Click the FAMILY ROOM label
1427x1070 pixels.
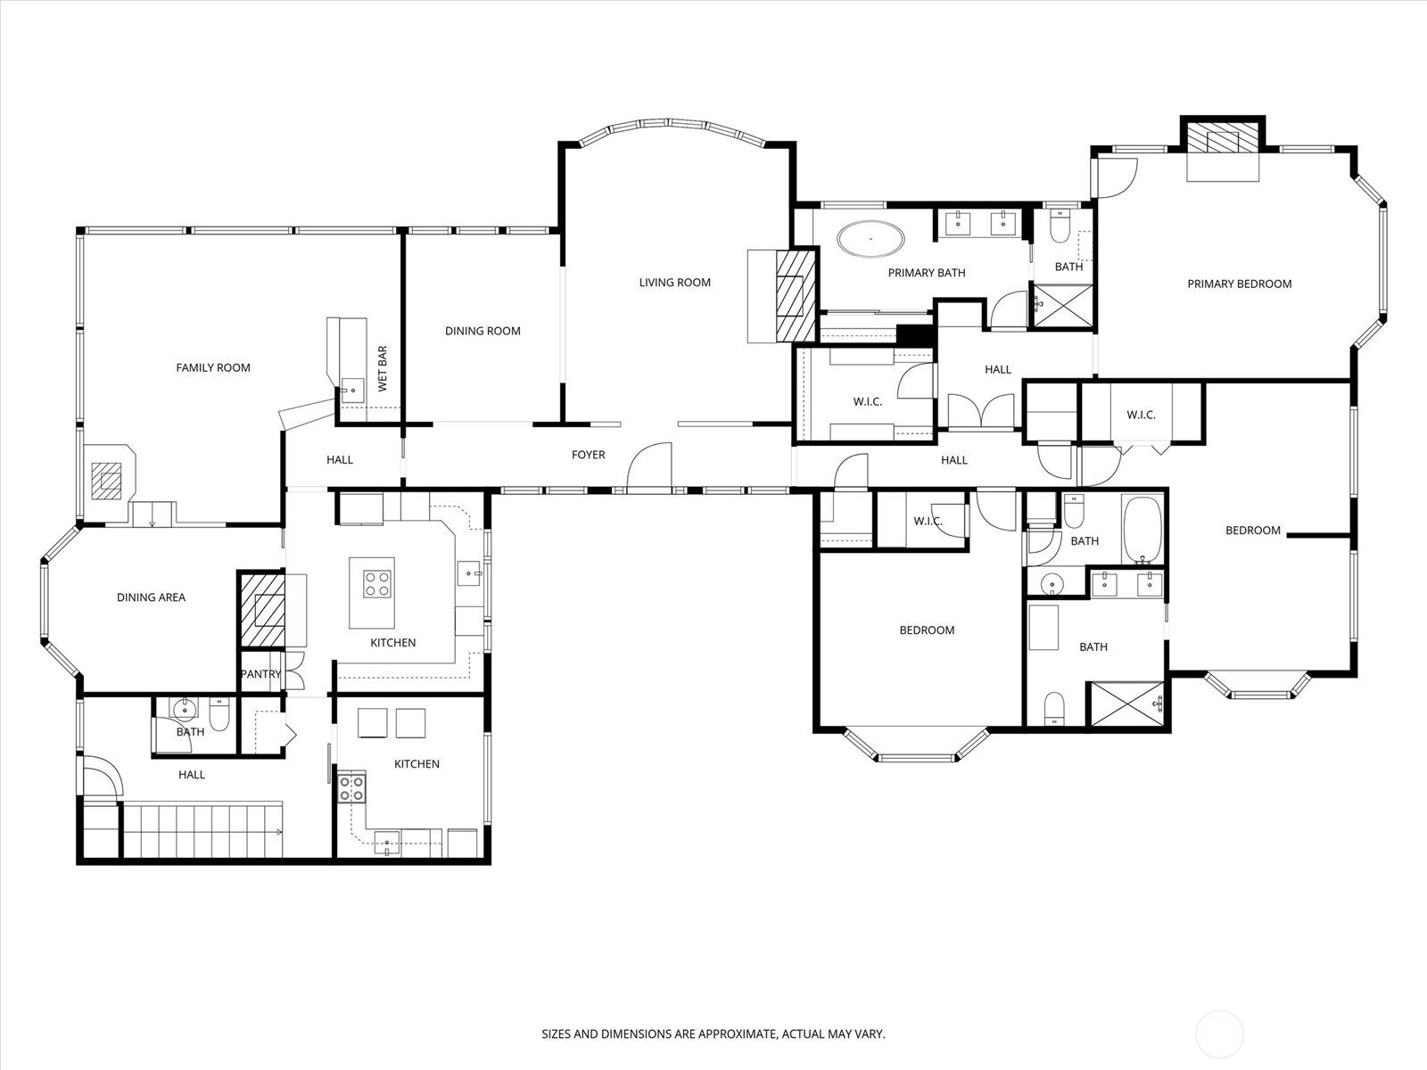tap(212, 367)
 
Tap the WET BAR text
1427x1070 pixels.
tap(383, 369)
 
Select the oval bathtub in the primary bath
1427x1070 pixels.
tap(870, 239)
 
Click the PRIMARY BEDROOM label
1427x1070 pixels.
tap(1239, 284)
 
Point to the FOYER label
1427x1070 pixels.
tap(589, 455)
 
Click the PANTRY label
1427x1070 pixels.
tap(260, 674)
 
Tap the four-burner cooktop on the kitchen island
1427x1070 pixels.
tap(377, 583)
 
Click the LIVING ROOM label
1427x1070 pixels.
tap(675, 283)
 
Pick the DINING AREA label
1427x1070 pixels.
tap(151, 597)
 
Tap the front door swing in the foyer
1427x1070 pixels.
tap(648, 465)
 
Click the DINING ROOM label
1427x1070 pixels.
tap(483, 331)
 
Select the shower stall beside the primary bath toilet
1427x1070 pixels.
tap(1063, 305)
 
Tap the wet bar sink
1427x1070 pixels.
tap(352, 391)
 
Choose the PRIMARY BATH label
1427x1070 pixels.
tap(927, 273)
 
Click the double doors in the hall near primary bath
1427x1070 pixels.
tap(981, 410)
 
